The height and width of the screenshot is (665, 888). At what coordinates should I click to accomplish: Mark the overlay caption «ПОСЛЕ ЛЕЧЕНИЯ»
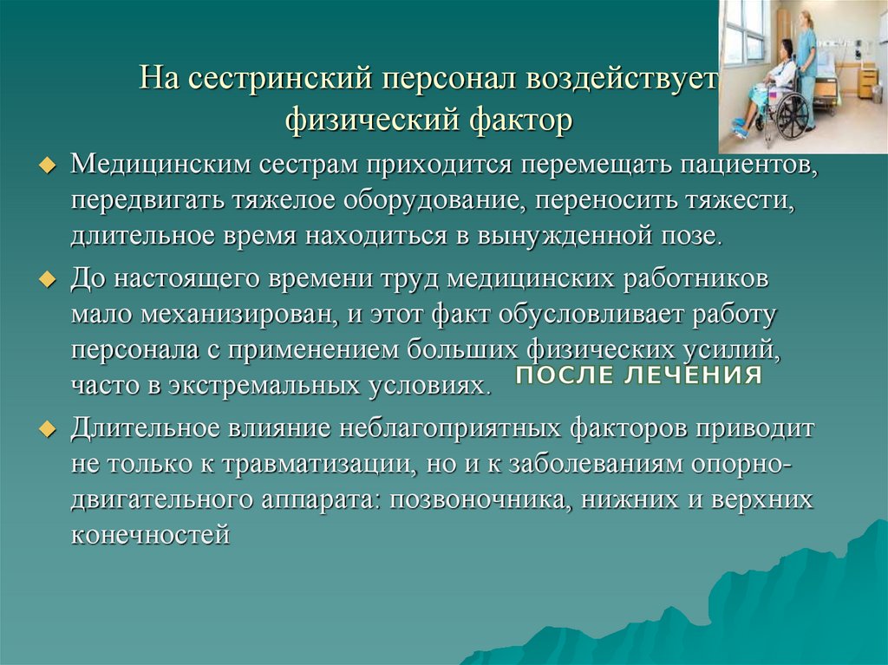click(x=638, y=375)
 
